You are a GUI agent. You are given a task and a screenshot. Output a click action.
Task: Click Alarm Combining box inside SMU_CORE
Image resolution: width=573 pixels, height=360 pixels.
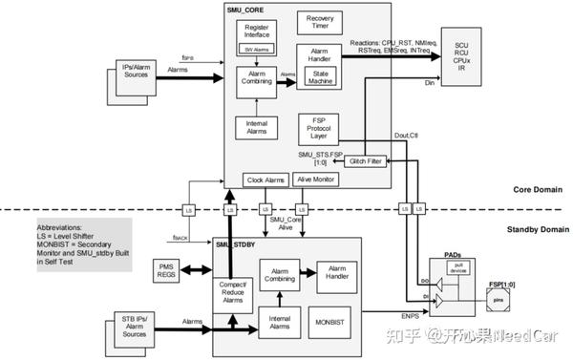click(x=255, y=81)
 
